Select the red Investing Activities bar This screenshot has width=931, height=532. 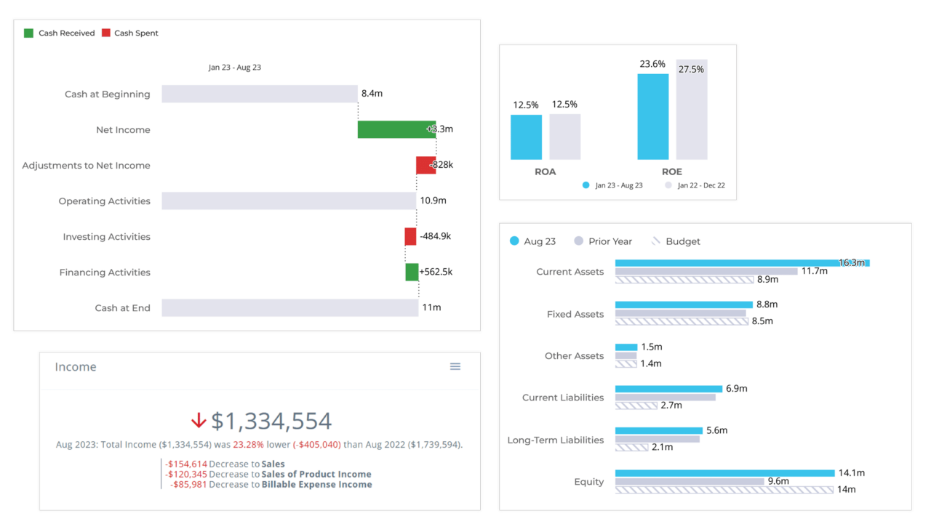coord(410,237)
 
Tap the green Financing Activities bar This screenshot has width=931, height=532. coord(412,273)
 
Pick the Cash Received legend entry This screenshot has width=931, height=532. coord(60,33)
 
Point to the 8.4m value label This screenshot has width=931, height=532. coord(372,94)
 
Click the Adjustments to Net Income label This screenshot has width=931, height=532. coord(86,166)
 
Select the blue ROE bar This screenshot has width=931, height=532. coord(652,116)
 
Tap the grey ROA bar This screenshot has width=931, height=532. coord(564,137)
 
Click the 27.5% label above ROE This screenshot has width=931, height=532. coord(691,69)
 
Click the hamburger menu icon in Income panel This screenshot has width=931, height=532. coord(455,367)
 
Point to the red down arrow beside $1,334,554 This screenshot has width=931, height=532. coord(198,421)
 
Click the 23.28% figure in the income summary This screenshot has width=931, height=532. coord(247,445)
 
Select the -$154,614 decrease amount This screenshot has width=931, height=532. coord(186,464)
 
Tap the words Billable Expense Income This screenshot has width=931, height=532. coord(316,484)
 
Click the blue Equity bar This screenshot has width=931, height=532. coord(724,473)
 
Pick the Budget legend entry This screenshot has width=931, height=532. coord(676,241)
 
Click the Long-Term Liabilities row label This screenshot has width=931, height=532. coord(555,440)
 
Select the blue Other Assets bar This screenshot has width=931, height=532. coord(626,347)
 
